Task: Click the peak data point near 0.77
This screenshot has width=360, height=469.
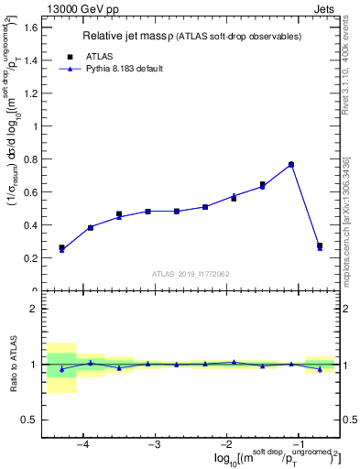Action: [291, 165]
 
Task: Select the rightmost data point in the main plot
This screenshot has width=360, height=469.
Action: [320, 246]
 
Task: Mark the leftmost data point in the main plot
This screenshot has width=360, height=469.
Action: [61, 248]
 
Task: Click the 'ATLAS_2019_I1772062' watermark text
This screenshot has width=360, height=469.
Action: [191, 273]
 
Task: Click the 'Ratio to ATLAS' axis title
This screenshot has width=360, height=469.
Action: [12, 364]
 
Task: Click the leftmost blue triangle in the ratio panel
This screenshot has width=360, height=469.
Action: [61, 369]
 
